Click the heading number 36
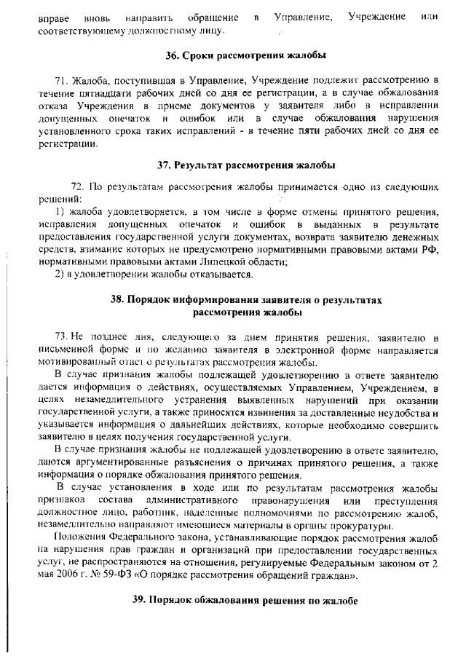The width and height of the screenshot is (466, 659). [x=173, y=55]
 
